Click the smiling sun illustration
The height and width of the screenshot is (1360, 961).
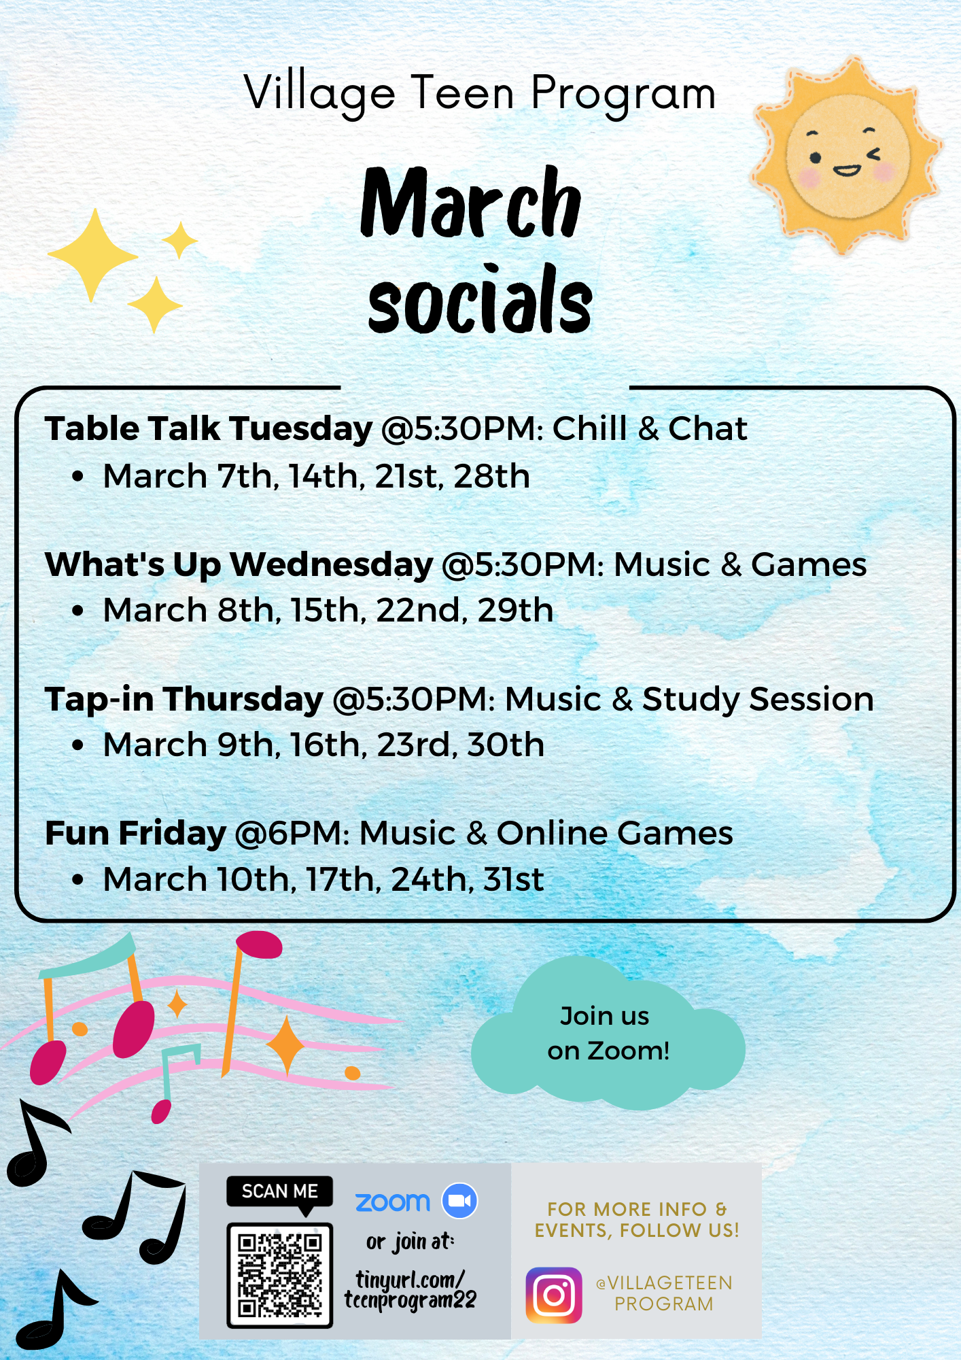tap(846, 156)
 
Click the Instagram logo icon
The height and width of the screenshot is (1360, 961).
tap(554, 1295)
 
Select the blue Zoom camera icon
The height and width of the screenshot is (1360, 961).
tap(460, 1201)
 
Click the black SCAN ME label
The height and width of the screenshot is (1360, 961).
tap(279, 1192)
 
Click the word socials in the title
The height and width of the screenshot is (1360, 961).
tap(480, 300)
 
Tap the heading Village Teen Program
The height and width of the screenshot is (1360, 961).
tap(480, 94)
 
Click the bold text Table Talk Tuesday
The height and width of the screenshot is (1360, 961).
tap(209, 429)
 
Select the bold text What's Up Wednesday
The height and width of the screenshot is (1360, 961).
tap(239, 564)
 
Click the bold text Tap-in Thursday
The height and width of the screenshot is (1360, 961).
tap(184, 700)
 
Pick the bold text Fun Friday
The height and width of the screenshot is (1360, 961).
tap(135, 833)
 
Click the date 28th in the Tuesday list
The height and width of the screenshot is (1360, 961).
tap(492, 476)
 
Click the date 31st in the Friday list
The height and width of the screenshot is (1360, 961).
tap(514, 879)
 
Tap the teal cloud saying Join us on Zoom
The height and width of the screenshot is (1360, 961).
tap(608, 1033)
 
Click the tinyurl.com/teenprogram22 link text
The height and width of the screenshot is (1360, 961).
tap(410, 1289)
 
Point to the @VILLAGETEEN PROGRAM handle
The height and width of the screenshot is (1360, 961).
tap(664, 1293)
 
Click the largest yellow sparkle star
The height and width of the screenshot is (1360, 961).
tap(93, 256)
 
